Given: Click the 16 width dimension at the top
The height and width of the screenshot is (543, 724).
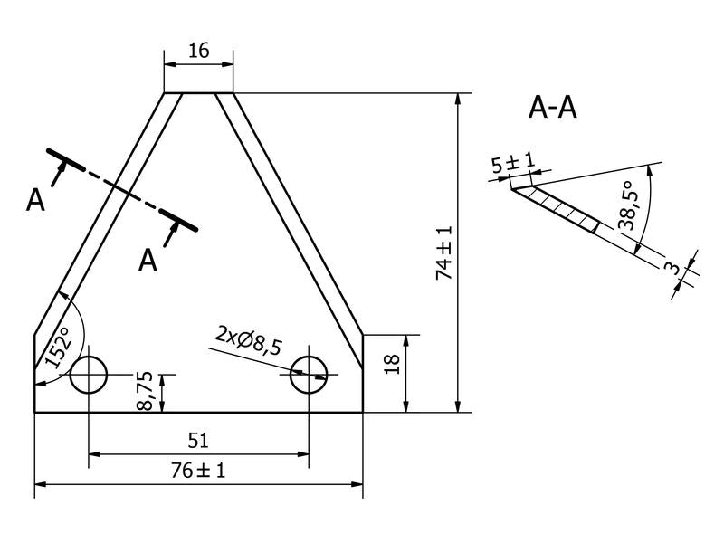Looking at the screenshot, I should click(198, 51).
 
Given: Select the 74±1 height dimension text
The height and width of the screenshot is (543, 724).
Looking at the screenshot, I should click(444, 252).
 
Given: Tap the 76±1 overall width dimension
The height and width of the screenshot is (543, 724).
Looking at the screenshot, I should click(198, 471).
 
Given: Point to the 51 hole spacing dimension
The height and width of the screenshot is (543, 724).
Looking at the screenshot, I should click(198, 441).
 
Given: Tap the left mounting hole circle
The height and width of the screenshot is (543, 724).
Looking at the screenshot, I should click(89, 375).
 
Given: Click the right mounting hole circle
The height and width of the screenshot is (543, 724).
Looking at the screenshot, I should click(310, 375).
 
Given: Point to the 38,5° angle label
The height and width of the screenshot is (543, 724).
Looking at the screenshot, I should click(625, 208).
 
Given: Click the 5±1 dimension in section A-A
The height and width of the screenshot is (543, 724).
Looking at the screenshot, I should click(512, 165).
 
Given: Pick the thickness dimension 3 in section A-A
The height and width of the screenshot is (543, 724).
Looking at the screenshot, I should click(671, 269).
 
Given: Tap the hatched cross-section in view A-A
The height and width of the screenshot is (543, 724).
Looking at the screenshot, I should click(561, 206).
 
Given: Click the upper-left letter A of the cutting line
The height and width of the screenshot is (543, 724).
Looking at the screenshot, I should click(35, 200).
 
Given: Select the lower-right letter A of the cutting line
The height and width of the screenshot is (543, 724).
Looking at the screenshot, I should click(148, 261).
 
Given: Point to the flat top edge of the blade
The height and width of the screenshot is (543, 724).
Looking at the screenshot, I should click(198, 93).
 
